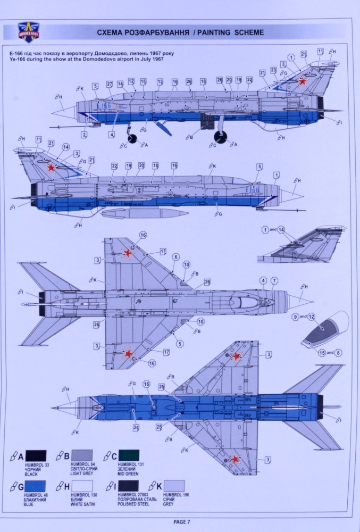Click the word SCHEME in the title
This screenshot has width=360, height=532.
247,32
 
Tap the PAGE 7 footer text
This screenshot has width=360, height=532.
180,521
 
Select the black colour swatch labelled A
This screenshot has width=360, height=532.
35,456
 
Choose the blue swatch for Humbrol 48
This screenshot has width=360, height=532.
35,486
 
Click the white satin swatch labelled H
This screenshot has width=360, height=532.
82,486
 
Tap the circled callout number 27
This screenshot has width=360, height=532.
110,84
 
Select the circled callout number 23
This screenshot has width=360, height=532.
273,70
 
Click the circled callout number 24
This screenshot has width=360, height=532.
136,427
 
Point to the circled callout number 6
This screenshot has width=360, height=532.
175,257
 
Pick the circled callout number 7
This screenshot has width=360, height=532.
274,280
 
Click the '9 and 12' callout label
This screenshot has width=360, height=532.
304,317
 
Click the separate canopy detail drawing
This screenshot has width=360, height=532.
324,329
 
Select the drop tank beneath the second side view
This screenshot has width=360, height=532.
144,213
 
